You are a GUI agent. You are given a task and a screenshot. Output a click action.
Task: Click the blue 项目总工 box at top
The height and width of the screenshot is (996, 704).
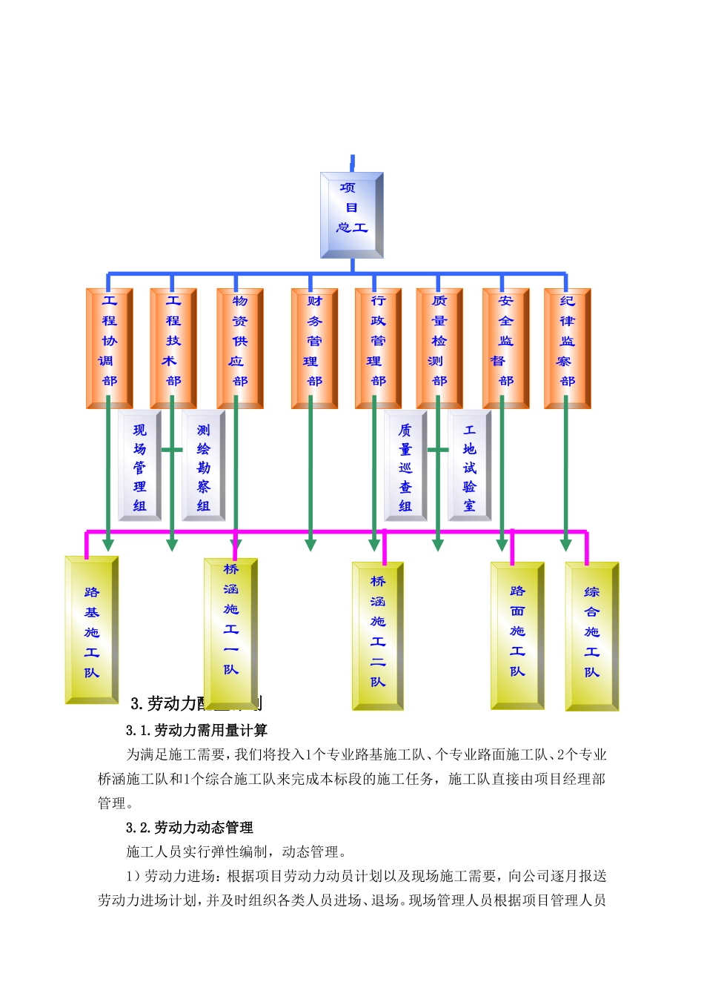click(x=351, y=215)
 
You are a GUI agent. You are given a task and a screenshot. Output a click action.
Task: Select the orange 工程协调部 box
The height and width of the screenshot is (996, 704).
click(x=110, y=348)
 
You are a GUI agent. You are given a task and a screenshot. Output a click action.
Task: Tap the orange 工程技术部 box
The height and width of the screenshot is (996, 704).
click(x=173, y=348)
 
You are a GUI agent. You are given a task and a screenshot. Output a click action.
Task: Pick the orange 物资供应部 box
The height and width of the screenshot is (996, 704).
click(x=240, y=348)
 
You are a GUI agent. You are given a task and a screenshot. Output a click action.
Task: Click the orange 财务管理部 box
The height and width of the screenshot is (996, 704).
click(x=315, y=348)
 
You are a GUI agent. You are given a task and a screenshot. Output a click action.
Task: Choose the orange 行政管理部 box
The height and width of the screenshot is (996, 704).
click(x=378, y=348)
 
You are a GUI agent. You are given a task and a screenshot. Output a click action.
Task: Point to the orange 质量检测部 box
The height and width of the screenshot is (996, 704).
click(x=439, y=348)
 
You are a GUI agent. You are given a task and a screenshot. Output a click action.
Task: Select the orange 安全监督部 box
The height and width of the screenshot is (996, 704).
click(x=506, y=348)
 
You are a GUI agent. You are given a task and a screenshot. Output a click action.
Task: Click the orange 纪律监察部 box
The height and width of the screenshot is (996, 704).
click(x=568, y=348)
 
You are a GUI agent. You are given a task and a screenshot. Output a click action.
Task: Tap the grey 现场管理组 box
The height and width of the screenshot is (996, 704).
click(x=140, y=466)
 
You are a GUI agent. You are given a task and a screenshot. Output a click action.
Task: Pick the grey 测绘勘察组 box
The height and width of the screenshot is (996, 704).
click(x=204, y=466)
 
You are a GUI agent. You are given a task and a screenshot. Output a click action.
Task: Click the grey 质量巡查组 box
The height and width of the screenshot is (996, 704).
click(x=405, y=466)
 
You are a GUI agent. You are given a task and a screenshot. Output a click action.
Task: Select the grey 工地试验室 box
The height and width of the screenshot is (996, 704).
click(x=470, y=466)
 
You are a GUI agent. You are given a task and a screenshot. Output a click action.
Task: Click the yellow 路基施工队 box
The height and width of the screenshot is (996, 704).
click(x=92, y=630)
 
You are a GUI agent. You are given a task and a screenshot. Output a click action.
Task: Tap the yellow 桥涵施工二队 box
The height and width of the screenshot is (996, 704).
click(x=378, y=636)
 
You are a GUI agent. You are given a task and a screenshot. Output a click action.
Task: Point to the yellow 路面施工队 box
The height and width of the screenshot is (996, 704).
click(x=517, y=636)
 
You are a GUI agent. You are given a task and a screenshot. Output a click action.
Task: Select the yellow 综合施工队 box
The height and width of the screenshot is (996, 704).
click(x=591, y=636)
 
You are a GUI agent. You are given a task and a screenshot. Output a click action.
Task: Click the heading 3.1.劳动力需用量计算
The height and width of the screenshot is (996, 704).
click(x=196, y=731)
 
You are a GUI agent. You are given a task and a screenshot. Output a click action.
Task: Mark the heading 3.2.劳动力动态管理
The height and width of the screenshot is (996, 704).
click(x=190, y=828)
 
